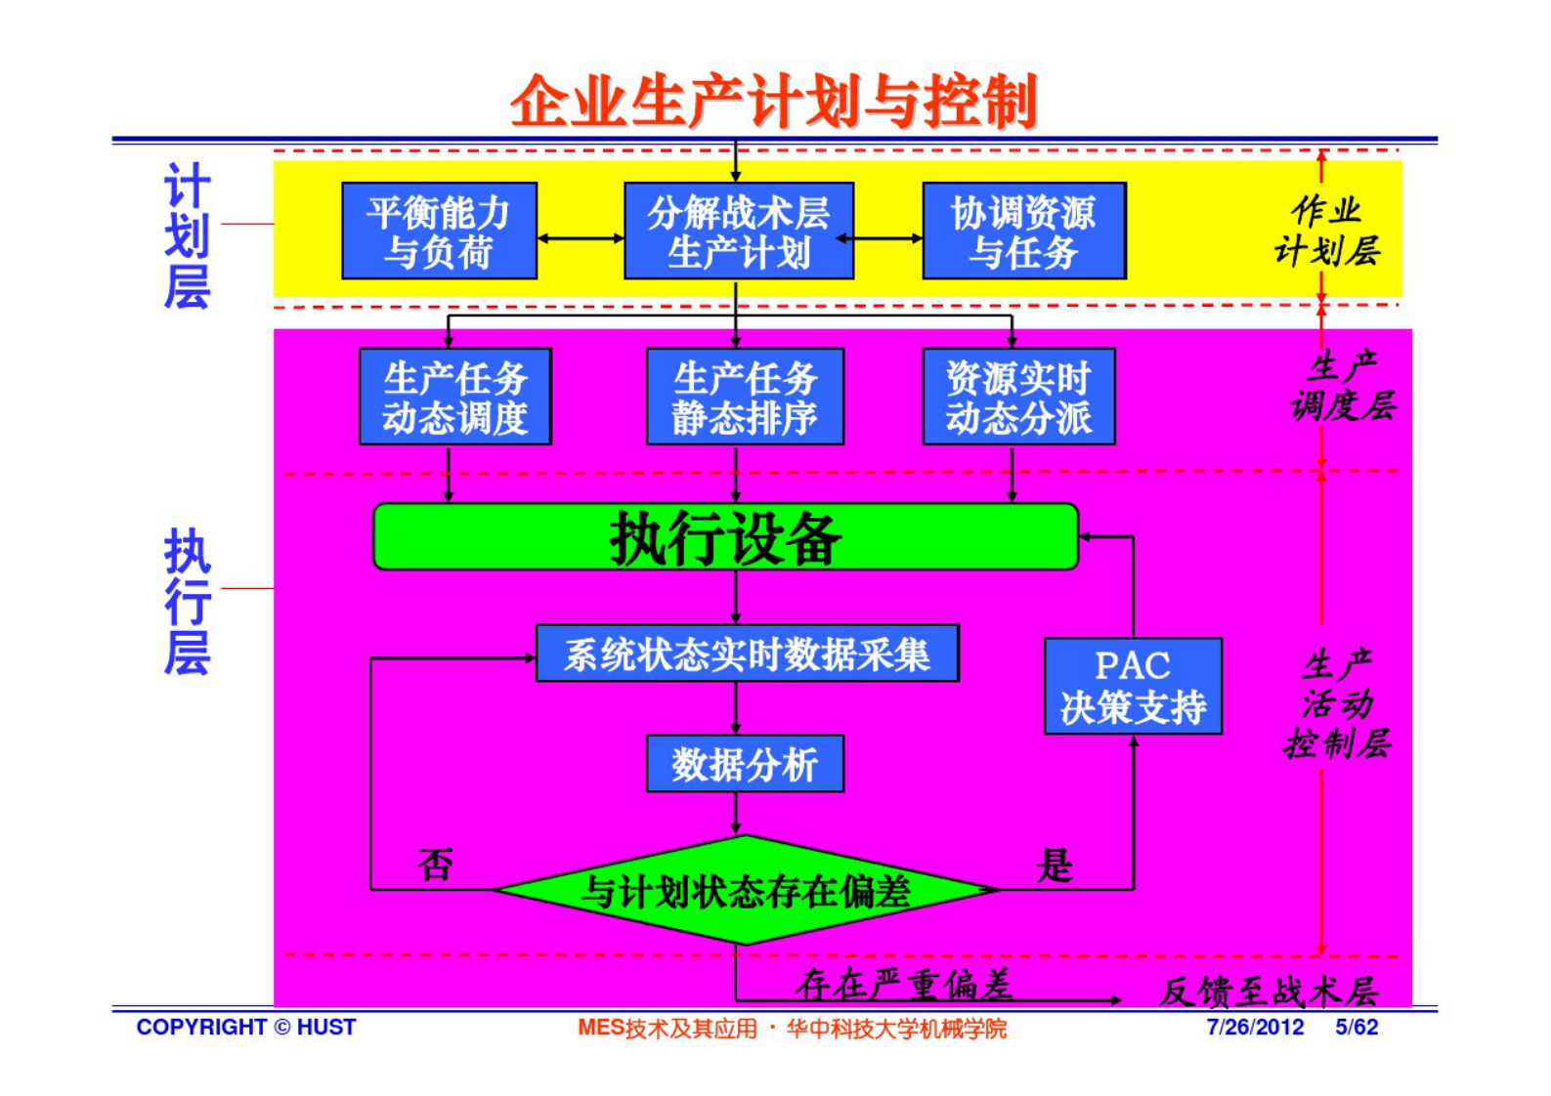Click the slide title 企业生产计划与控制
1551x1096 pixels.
tap(773, 102)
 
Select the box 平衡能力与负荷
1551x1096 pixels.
tap(439, 232)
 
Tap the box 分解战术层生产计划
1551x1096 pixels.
tap(738, 232)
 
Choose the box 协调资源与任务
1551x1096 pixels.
tap(1023, 232)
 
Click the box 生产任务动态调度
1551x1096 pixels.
tap(454, 397)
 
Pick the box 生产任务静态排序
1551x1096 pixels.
tap(745, 397)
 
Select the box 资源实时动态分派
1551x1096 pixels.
tap(1018, 397)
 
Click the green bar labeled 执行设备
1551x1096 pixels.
tap(725, 537)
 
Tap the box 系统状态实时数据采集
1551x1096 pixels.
tap(747, 653)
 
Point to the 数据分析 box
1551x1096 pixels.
tap(745, 764)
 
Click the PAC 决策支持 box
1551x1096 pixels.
tap(1133, 687)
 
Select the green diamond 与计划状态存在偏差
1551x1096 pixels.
tap(746, 890)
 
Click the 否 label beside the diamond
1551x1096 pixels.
tap(436, 864)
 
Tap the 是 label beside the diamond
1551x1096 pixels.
tap(1055, 864)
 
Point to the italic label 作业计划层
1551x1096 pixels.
tap(1327, 231)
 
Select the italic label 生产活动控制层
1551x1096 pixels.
tap(1337, 703)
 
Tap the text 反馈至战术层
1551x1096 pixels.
tap(1269, 991)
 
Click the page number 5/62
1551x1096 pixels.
tap(1357, 1028)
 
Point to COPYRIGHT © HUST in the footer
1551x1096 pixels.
tap(246, 1028)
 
